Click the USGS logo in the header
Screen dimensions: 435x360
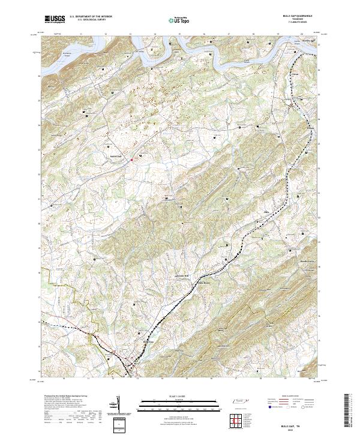click(55, 19)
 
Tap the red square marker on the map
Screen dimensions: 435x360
click(131, 159)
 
